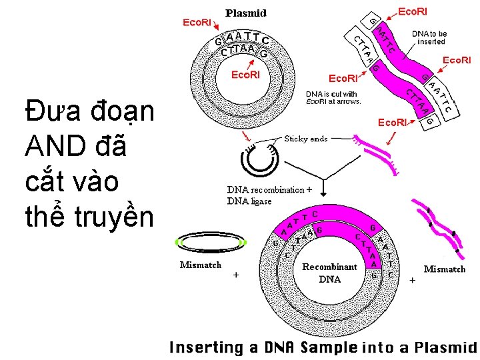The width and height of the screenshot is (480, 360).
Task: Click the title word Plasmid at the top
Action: (x=247, y=13)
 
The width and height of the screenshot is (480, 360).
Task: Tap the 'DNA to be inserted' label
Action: (x=429, y=37)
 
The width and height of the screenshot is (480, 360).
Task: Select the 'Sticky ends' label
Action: (x=306, y=139)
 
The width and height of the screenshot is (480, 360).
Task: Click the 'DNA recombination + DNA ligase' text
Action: (x=269, y=195)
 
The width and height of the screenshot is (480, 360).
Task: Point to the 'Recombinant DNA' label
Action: (x=329, y=273)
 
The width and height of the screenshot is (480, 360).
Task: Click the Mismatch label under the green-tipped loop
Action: (x=201, y=265)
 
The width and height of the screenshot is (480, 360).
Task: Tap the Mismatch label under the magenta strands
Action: (x=445, y=269)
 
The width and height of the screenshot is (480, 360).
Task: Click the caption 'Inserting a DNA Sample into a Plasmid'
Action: (x=323, y=347)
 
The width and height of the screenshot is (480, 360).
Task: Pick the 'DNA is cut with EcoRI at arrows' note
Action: (x=334, y=97)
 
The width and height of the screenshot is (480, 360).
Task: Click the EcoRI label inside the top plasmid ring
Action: (x=245, y=74)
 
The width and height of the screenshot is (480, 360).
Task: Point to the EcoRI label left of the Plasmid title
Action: (x=197, y=23)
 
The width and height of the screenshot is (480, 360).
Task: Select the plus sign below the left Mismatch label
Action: (x=236, y=275)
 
